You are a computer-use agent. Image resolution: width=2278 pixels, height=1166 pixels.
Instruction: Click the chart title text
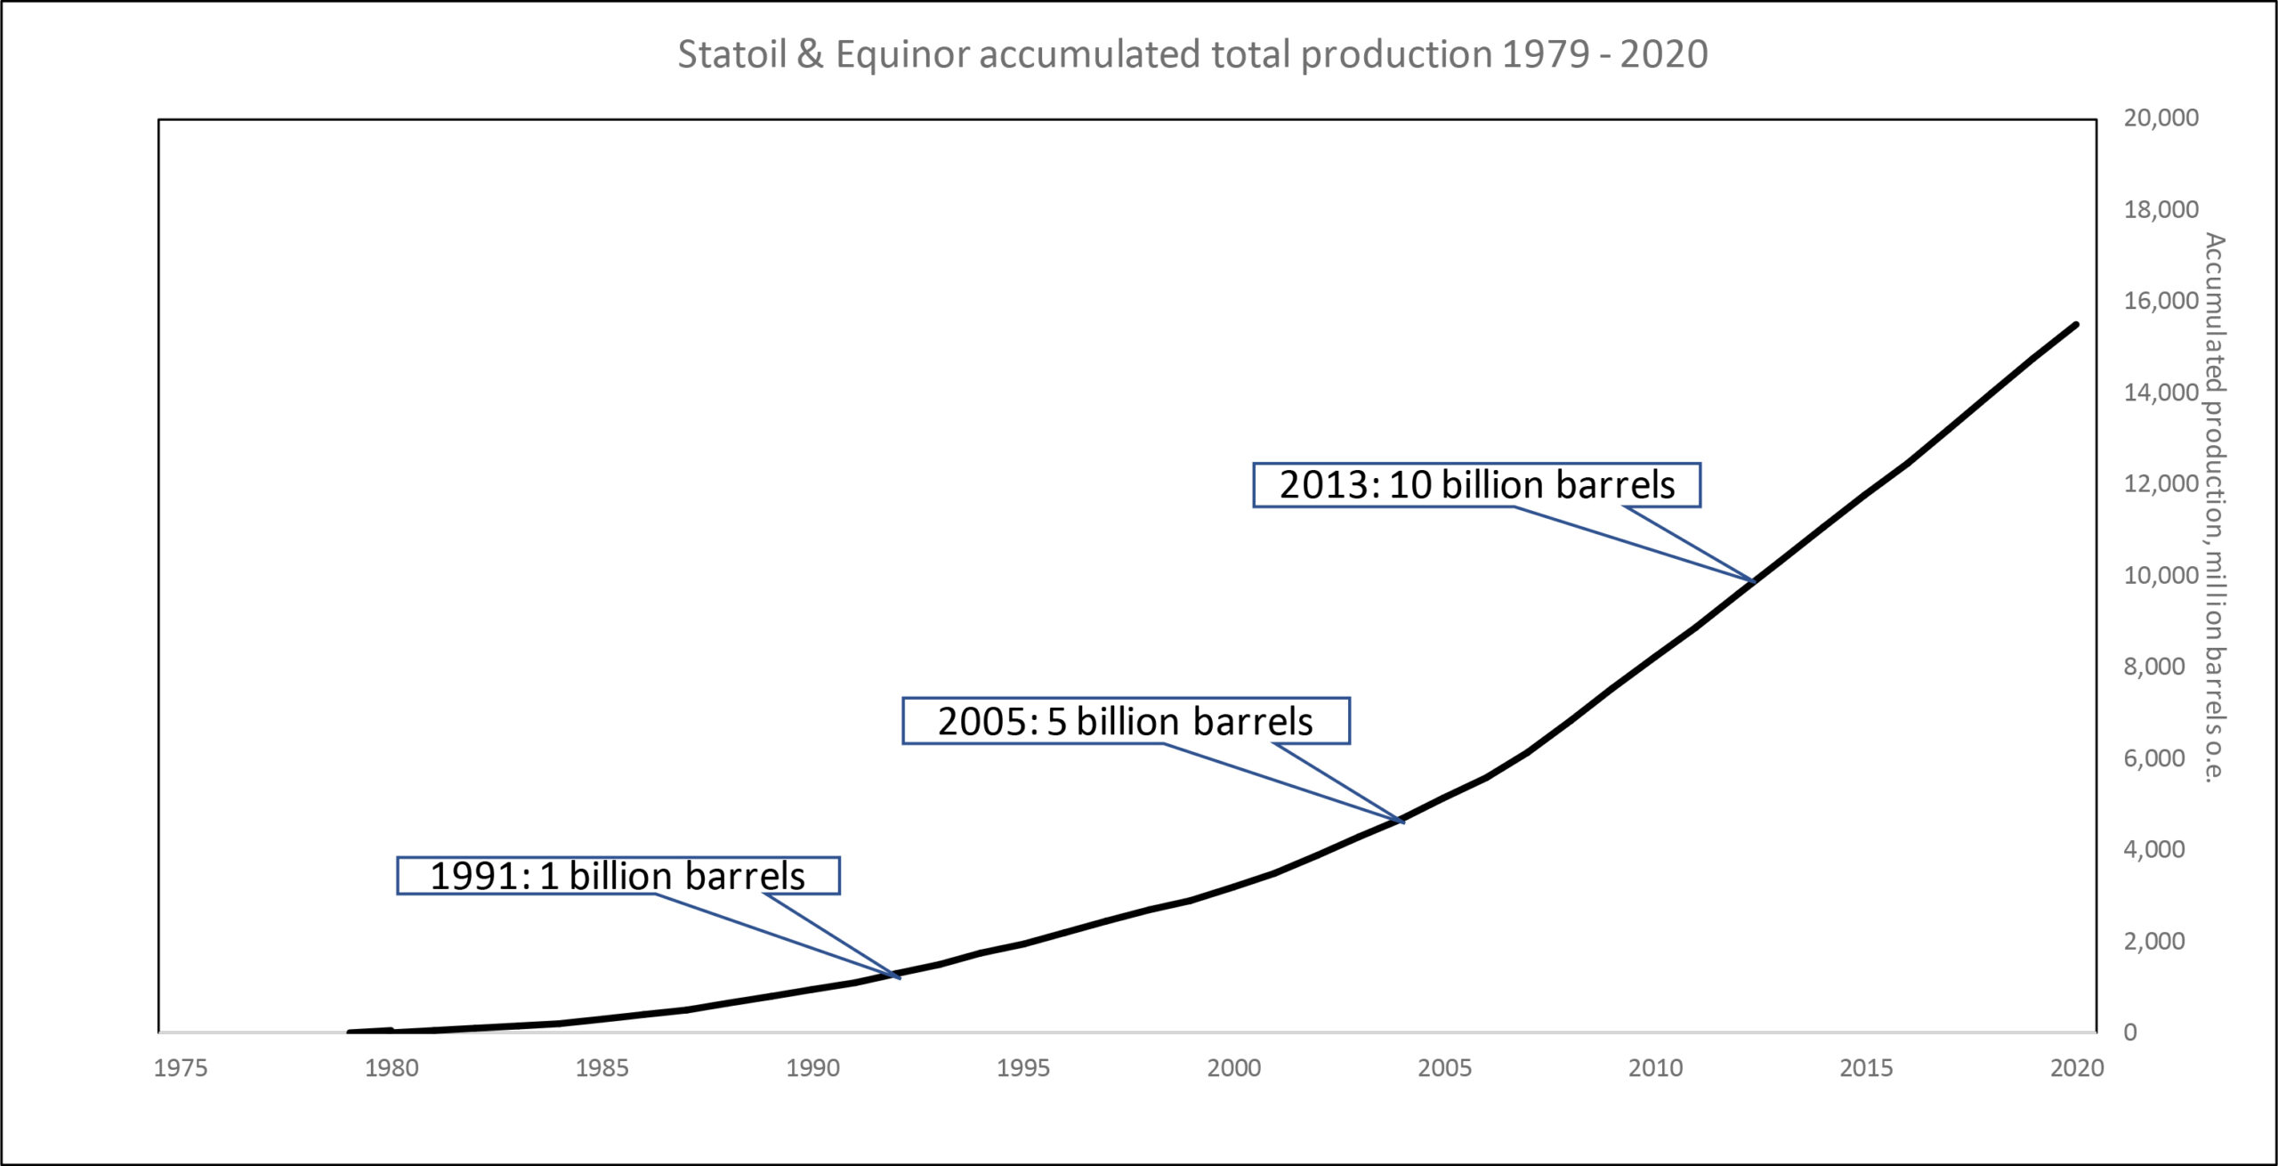[x=1192, y=54]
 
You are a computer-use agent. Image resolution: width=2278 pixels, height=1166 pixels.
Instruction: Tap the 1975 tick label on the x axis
[x=181, y=1068]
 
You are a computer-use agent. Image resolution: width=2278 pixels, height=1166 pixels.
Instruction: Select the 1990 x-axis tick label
[x=812, y=1068]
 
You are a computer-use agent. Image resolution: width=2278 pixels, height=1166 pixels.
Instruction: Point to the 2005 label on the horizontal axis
[x=1444, y=1068]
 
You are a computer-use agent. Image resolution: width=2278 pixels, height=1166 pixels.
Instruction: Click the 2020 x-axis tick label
[x=2077, y=1068]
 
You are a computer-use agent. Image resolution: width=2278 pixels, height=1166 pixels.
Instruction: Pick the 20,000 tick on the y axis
[x=2161, y=117]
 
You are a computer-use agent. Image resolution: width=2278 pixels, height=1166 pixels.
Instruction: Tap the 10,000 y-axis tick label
[x=2161, y=576]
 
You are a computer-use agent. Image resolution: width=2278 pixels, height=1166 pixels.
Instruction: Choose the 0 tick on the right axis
[x=2129, y=1032]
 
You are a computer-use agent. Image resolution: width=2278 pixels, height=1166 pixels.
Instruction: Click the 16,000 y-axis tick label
[x=2161, y=301]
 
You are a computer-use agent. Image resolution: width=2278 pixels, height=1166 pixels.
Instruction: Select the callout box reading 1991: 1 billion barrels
[x=618, y=876]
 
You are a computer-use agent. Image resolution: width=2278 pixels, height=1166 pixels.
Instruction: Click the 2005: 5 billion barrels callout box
[x=1126, y=721]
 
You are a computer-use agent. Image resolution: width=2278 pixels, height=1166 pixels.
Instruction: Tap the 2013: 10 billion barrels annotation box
[x=1476, y=485]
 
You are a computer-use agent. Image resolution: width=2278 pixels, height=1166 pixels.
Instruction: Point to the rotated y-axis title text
[x=2214, y=507]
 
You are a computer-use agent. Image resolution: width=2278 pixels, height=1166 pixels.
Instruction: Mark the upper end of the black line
[x=2076, y=325]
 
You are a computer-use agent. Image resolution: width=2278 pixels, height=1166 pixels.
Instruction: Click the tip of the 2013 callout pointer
[x=1754, y=582]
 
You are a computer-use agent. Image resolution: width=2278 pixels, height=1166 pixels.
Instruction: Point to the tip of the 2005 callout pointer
[x=1403, y=822]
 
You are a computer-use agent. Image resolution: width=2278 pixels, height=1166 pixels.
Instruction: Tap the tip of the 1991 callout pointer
[x=900, y=977]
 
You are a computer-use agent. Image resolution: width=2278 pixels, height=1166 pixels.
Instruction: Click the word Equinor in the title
[x=902, y=54]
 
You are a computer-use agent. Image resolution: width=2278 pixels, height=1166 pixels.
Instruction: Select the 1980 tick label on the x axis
[x=392, y=1068]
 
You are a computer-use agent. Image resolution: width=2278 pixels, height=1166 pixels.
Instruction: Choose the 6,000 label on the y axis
[x=2154, y=758]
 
